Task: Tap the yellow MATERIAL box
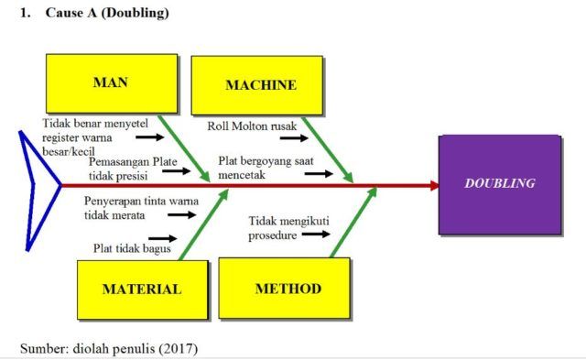(141, 288)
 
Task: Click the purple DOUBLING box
(499, 183)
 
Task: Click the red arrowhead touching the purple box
(433, 185)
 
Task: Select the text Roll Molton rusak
(245, 125)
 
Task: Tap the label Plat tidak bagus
(125, 247)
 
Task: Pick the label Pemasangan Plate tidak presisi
(133, 167)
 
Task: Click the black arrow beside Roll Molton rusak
(293, 139)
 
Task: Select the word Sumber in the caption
(42, 347)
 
